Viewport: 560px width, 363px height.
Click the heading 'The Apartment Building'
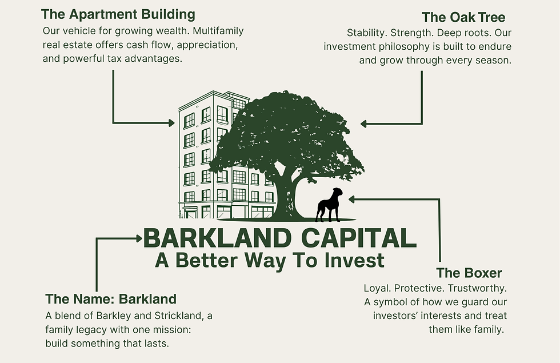tap(118, 15)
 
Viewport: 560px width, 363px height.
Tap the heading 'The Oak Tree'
tap(463, 17)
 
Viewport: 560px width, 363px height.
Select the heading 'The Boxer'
tap(469, 273)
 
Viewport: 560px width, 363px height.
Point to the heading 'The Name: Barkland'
tap(111, 298)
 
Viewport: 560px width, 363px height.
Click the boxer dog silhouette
tap(329, 205)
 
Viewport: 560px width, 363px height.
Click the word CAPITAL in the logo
tap(359, 238)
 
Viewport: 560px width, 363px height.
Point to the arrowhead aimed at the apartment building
tap(172, 123)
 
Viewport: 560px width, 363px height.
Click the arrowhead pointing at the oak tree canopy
tap(363, 124)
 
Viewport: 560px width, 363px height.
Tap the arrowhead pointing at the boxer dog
tap(351, 200)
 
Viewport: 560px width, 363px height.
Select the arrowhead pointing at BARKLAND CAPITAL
tap(139, 239)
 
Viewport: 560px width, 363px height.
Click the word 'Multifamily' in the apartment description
tap(218, 31)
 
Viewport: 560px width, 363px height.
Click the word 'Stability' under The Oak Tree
tap(367, 33)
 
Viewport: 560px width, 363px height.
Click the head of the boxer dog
tap(337, 193)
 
